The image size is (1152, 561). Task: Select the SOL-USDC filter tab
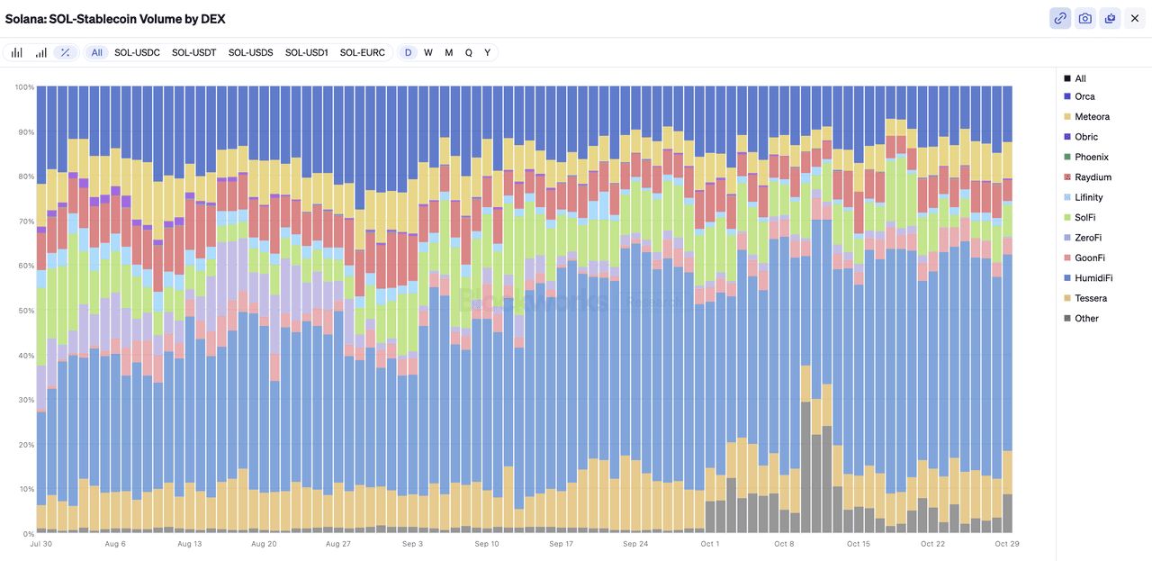137,53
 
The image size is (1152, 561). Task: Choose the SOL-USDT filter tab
193,53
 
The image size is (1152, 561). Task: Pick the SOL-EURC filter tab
362,53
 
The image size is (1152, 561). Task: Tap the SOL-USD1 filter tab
306,53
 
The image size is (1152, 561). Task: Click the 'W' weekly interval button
428,53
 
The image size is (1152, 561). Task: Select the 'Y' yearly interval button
487,53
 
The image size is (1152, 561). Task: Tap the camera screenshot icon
1085,18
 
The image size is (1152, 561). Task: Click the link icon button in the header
1060,18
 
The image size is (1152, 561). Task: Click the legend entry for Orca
1084,96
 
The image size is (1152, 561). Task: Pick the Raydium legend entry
1093,177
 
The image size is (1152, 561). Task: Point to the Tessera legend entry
1091,298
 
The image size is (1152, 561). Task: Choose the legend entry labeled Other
1086,318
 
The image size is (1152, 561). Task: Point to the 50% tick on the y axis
24,311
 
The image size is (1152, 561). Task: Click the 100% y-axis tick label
23,87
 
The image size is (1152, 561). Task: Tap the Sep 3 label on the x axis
412,544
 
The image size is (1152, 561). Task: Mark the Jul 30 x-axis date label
40,544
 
